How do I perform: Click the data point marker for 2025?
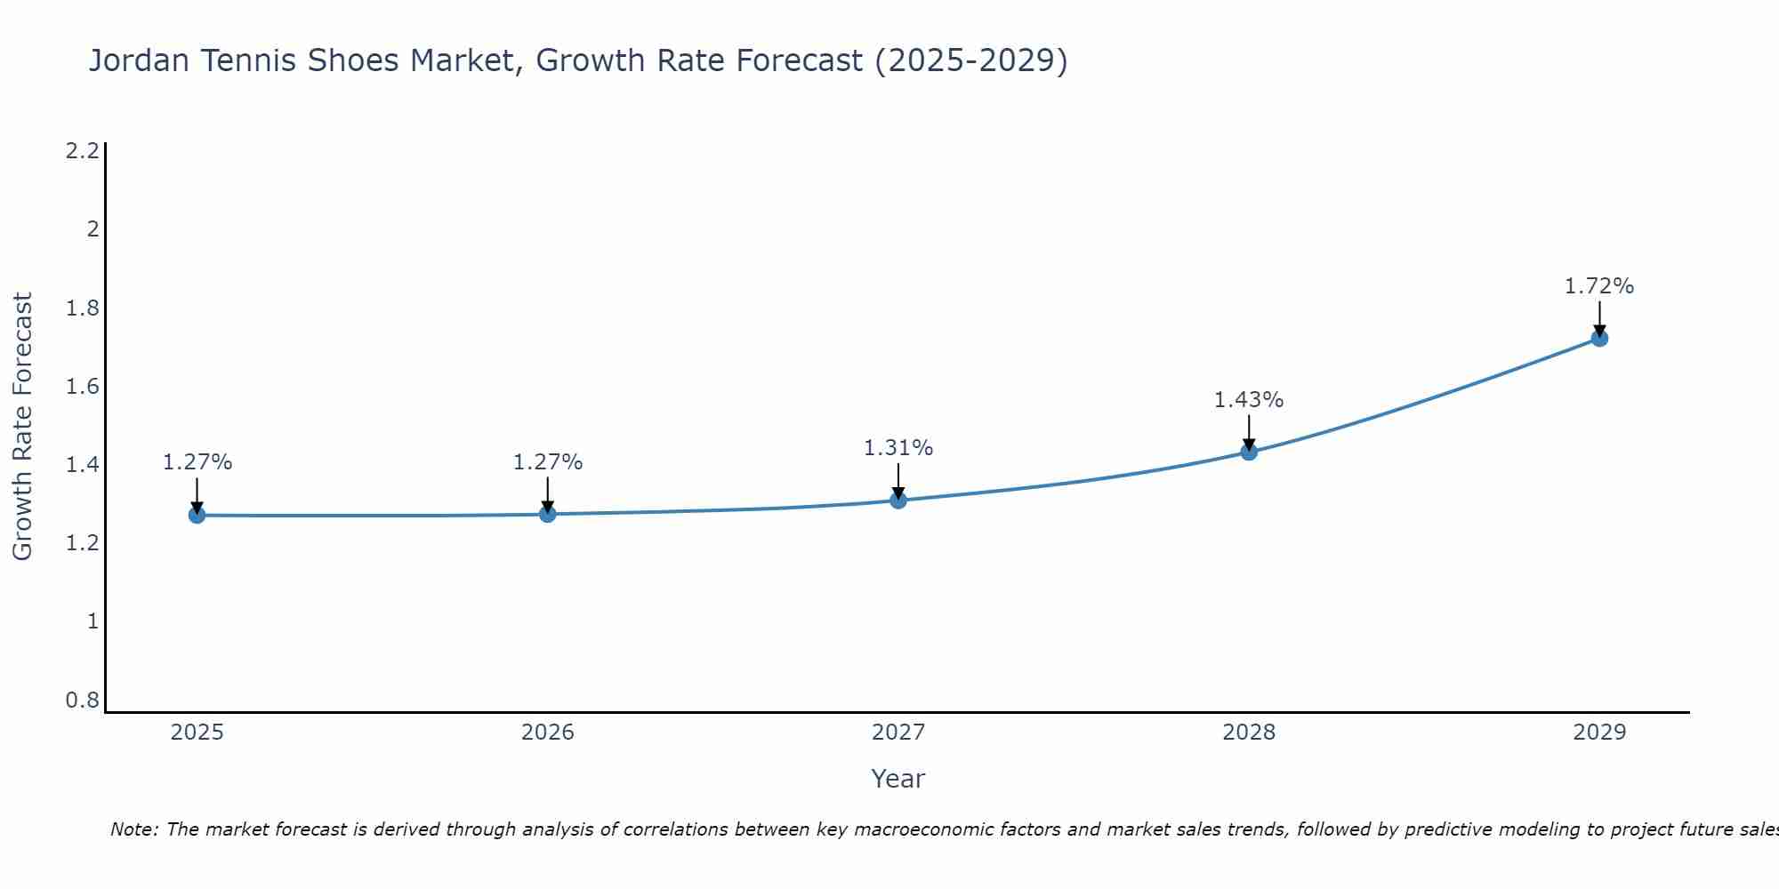point(197,515)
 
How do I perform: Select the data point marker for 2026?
point(547,514)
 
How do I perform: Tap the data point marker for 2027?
point(898,500)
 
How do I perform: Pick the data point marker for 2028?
point(1249,452)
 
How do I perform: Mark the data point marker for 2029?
point(1599,338)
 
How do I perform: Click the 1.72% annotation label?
point(1599,286)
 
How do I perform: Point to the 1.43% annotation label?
point(1249,400)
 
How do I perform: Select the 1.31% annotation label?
point(898,448)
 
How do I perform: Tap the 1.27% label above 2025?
point(197,462)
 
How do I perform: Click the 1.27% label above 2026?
point(547,462)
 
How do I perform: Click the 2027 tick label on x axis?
point(898,733)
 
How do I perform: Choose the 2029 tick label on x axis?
point(1599,733)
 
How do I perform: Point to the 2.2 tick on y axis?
point(82,151)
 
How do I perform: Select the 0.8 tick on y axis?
point(82,701)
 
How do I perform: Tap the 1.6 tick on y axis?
point(82,387)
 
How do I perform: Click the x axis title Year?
point(898,779)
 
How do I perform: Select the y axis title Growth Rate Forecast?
point(22,427)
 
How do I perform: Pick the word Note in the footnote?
point(133,829)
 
